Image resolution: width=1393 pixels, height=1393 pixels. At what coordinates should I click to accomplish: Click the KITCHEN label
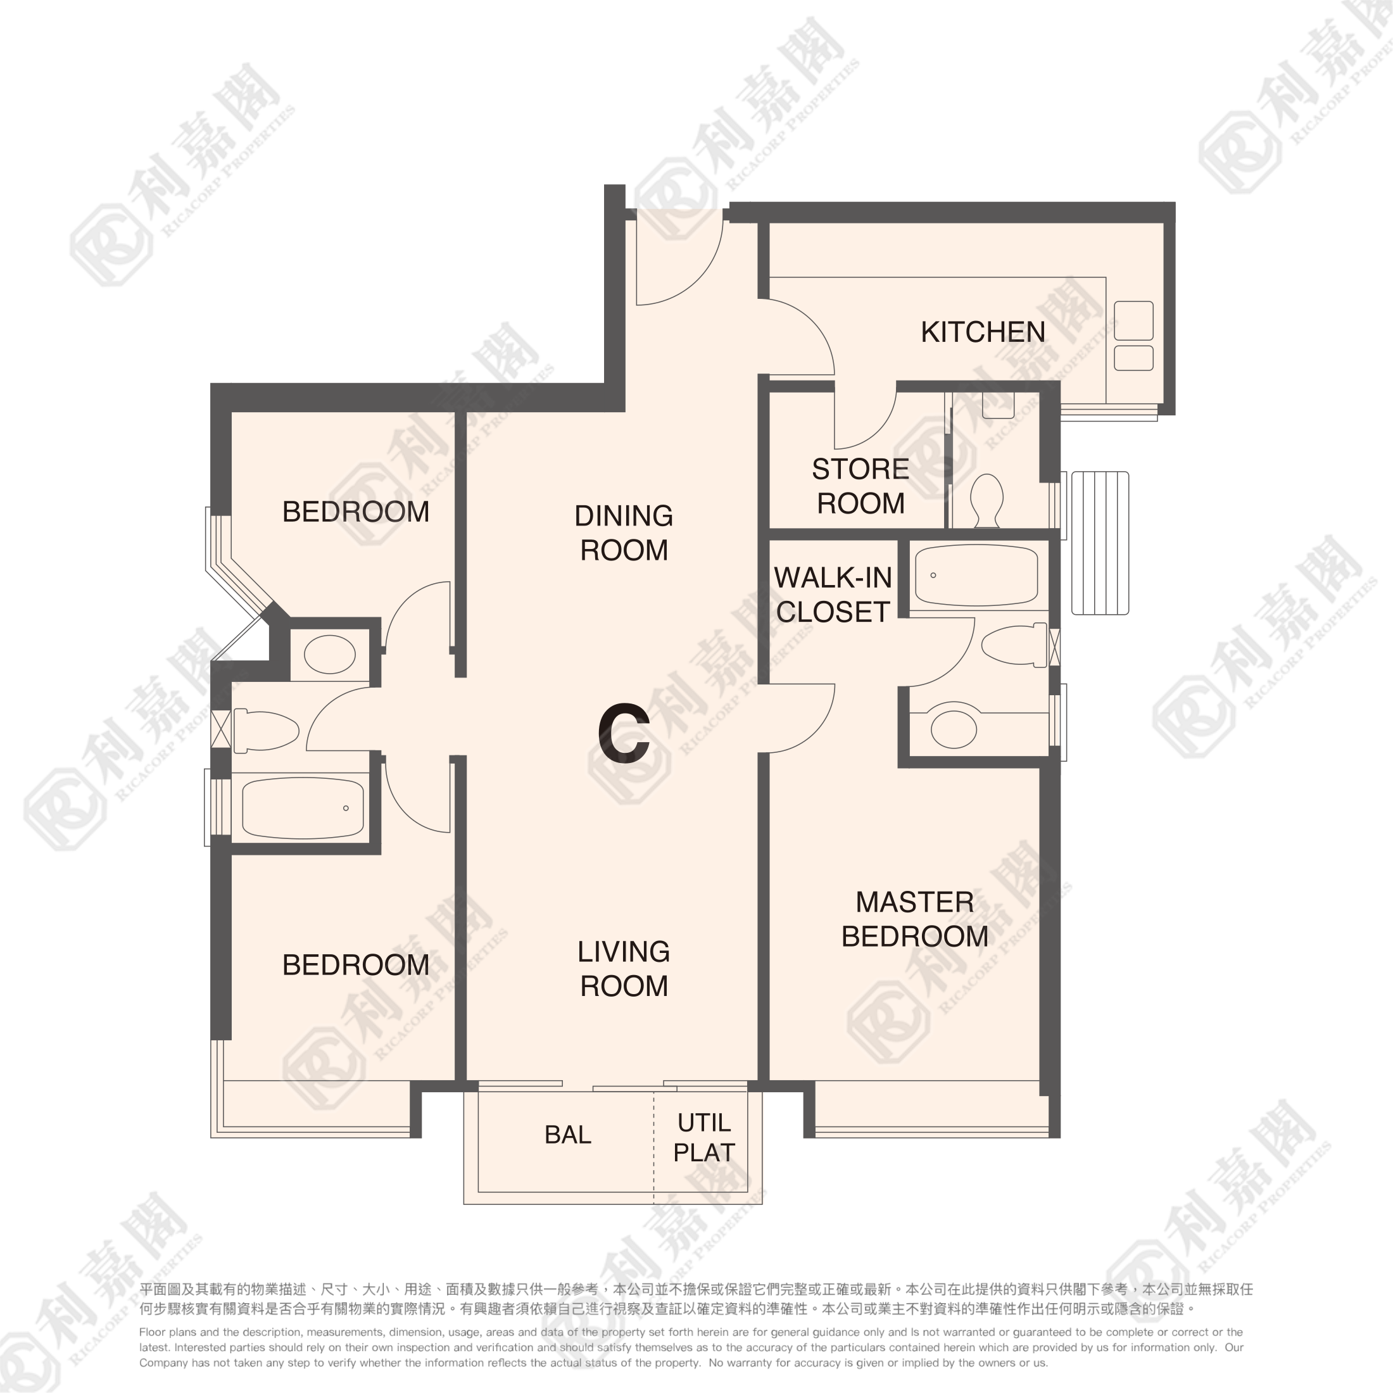[983, 332]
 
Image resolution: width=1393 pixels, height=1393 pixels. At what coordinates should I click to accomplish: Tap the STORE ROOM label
[860, 486]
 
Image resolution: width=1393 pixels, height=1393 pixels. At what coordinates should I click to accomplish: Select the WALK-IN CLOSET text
[833, 595]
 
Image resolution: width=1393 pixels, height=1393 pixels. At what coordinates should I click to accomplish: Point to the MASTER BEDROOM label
[914, 919]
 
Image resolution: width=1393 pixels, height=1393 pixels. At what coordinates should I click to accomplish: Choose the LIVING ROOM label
[624, 968]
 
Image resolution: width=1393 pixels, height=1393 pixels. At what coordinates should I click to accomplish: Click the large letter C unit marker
[624, 733]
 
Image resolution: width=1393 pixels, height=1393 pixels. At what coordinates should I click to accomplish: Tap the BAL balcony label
[567, 1135]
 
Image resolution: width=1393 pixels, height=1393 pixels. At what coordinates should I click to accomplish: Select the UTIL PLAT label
[703, 1138]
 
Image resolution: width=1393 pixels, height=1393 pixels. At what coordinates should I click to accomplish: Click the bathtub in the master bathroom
[976, 576]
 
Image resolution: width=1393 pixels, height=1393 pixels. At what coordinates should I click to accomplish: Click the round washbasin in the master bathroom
[953, 729]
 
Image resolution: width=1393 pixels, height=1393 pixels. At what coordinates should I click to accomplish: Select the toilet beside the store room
[986, 500]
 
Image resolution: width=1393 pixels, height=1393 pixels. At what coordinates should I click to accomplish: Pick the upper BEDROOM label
[355, 512]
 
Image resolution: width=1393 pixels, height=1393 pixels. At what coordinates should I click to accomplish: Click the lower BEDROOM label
[355, 965]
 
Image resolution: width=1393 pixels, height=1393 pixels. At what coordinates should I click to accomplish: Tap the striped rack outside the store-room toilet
[1100, 543]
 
